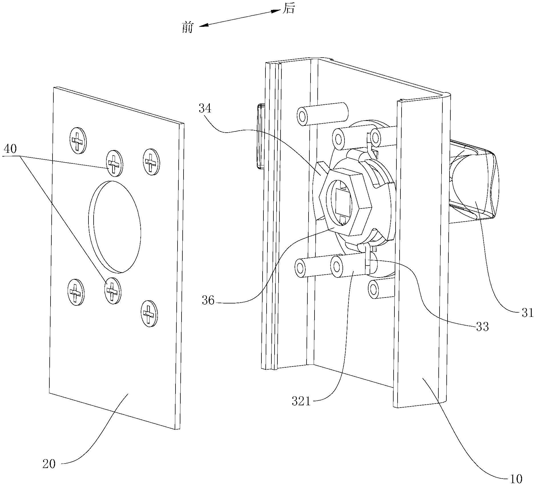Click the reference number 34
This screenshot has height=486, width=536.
pos(205,109)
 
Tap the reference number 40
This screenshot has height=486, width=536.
pos(10,149)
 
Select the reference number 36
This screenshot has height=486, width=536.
pos(208,300)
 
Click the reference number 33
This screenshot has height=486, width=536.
pos(482,327)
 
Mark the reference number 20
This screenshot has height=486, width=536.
pos(49,464)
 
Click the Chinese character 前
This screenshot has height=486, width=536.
pos(188,28)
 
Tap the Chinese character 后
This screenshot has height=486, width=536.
pos(288,9)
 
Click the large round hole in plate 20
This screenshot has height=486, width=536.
pos(115,226)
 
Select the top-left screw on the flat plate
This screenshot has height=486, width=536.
pos(78,141)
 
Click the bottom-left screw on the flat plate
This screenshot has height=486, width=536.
pos(76,292)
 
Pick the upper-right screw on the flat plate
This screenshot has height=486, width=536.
pos(151,162)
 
